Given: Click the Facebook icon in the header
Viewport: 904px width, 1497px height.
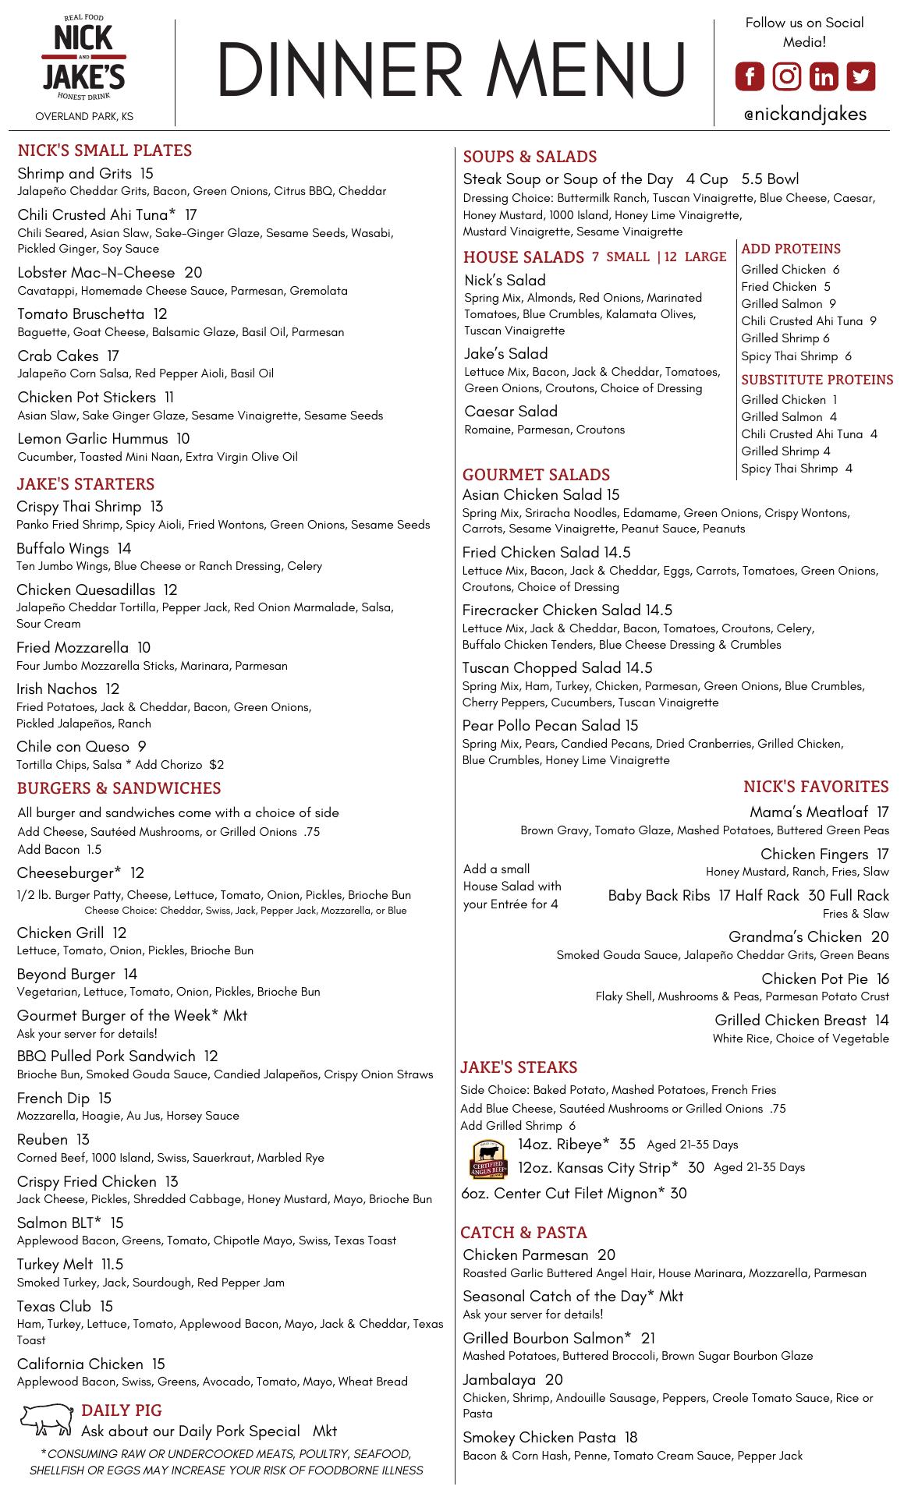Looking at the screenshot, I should [750, 76].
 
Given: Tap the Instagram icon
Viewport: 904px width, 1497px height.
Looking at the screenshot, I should [787, 76].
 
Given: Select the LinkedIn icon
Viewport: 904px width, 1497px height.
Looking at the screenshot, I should [824, 76].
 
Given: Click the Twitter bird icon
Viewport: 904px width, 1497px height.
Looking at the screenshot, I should [861, 76].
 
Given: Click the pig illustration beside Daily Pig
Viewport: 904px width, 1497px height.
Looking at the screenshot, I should [47, 1418].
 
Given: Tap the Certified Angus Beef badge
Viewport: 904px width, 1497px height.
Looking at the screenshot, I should [489, 1159].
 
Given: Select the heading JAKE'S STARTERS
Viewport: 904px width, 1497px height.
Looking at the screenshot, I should [86, 484].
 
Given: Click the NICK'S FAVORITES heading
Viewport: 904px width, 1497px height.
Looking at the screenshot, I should [816, 787].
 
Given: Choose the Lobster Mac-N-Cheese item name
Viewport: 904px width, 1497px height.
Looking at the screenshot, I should [96, 272].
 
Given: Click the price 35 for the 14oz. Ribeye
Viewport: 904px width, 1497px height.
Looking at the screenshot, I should [627, 1145].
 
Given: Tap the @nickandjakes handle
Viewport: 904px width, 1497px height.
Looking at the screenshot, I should [805, 114].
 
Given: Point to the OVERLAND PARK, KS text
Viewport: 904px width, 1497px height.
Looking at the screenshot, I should [84, 117].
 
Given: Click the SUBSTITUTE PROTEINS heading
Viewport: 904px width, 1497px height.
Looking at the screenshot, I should [817, 380].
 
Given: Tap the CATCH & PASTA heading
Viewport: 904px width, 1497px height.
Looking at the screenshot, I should [523, 1233].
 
